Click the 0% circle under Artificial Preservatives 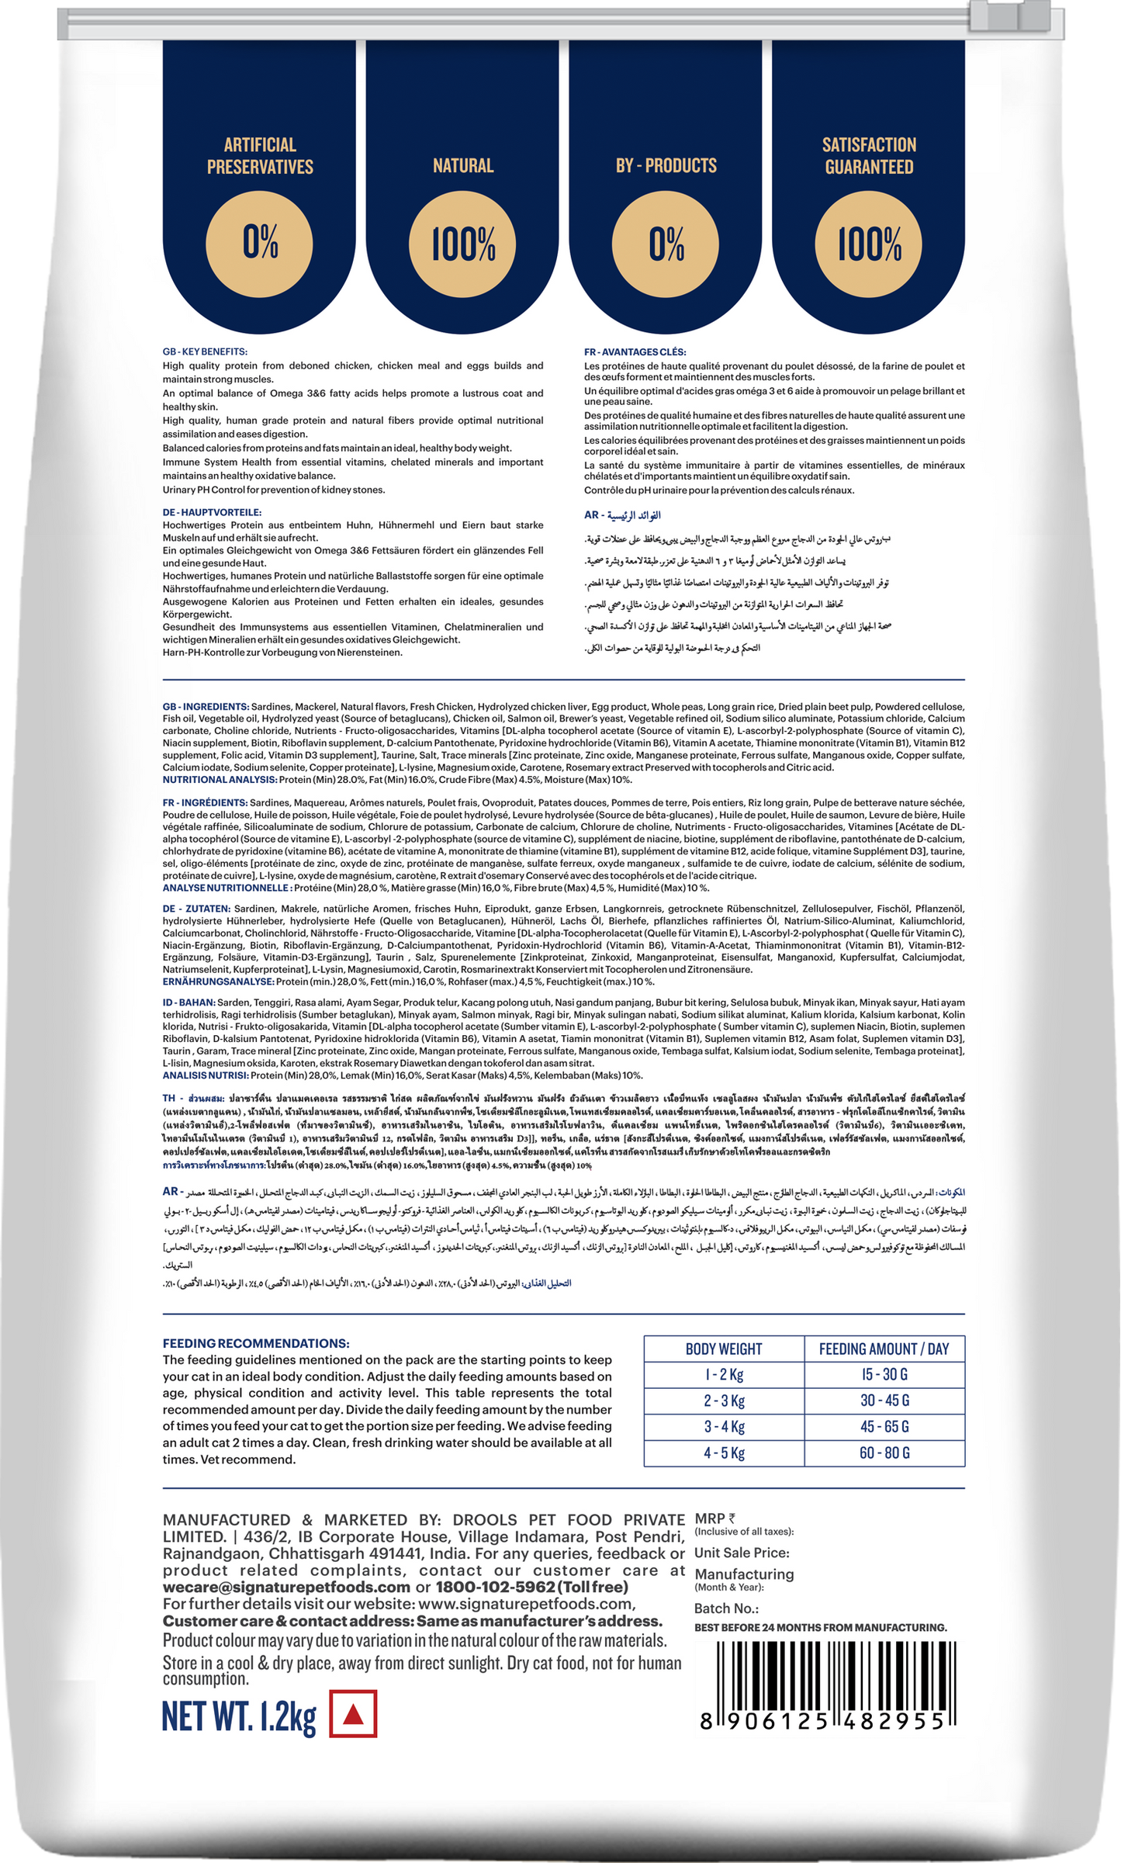260,243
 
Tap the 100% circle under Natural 463,243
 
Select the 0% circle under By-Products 666,243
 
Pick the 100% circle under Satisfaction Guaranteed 869,243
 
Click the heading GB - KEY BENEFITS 205,351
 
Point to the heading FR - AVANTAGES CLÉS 635,352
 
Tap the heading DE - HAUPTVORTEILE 212,512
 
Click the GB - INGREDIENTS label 206,707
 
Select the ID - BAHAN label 189,1002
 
